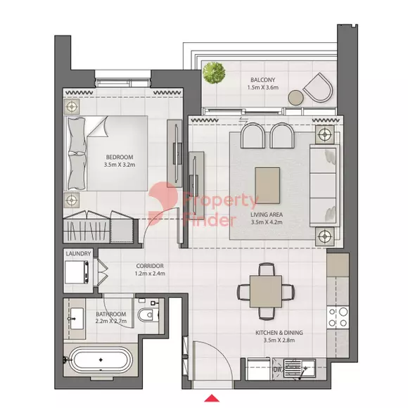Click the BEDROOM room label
coord(120,157)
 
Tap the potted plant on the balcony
coord(214,72)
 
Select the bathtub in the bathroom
coord(101,360)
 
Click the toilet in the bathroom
coord(148,315)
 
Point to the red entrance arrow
coord(212,398)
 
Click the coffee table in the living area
coord(267,186)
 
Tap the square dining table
coord(266,291)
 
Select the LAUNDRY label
coord(78,253)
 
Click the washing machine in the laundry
coord(77,272)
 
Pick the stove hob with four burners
coord(338,317)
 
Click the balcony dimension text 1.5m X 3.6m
coord(263,87)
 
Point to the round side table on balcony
coord(295,98)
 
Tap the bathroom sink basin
coord(76,319)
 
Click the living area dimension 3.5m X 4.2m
coord(267,222)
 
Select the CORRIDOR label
coord(150,266)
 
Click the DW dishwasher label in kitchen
coord(276,369)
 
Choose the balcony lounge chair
coord(318,88)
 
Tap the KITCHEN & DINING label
coord(279,333)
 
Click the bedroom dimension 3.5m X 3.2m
coord(120,165)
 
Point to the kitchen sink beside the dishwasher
coord(299,367)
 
